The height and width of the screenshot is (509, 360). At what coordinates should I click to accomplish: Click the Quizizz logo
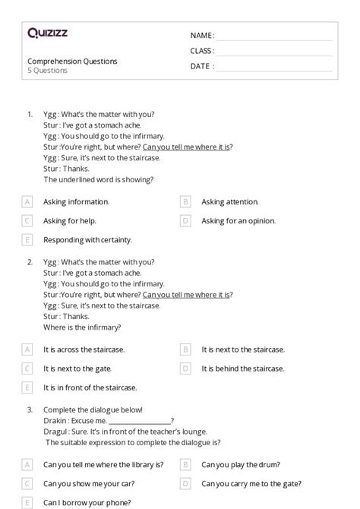click(46, 33)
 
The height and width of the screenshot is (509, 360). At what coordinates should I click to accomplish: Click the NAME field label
click(202, 36)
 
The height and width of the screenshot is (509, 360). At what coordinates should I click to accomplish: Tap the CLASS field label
click(202, 51)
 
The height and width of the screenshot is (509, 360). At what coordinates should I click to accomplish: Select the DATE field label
click(202, 66)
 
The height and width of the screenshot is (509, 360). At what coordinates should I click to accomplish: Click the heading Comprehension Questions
click(72, 61)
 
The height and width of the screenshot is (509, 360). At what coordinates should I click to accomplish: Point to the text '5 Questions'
click(47, 71)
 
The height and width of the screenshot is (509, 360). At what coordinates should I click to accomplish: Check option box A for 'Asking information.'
click(27, 202)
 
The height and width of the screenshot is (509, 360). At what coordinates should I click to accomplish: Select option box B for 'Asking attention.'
click(185, 202)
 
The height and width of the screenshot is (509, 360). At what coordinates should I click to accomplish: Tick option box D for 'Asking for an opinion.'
click(185, 221)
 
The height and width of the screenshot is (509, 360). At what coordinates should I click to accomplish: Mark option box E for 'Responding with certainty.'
click(27, 240)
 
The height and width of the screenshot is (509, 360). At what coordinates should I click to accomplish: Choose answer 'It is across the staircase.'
click(84, 349)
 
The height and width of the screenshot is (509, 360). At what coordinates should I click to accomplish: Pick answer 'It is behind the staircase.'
click(242, 368)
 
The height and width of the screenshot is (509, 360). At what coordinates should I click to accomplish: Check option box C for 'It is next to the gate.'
click(27, 368)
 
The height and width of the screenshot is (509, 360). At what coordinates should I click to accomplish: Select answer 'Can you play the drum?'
click(241, 463)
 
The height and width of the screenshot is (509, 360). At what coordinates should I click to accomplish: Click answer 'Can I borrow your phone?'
click(87, 502)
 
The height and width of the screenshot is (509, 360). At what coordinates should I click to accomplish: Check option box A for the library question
click(27, 463)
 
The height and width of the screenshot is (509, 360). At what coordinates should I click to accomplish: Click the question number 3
click(30, 409)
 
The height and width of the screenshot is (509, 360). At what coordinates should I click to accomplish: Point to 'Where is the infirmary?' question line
click(82, 327)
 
